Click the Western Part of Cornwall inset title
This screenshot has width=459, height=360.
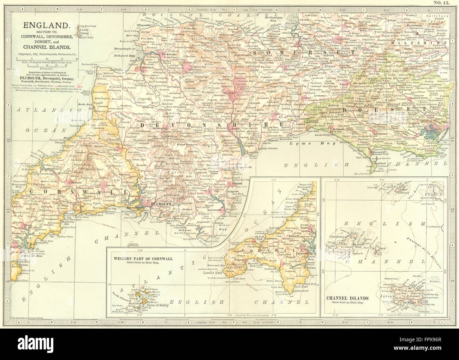pyautogui.click(x=143, y=258)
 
